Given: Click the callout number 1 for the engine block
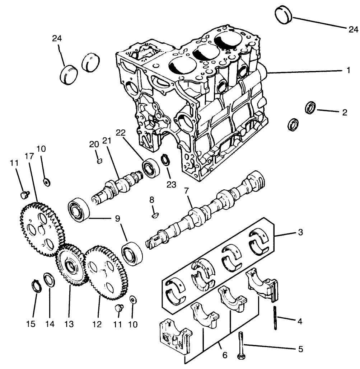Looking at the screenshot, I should click(x=348, y=71).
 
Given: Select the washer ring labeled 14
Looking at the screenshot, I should click(x=49, y=280).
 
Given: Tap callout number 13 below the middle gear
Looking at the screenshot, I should click(x=69, y=324).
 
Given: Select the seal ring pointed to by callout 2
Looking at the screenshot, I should click(x=310, y=108).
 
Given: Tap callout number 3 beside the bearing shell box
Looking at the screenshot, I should click(x=300, y=232).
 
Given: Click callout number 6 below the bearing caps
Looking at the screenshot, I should click(x=225, y=355).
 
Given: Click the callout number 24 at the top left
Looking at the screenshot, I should click(x=57, y=38).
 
